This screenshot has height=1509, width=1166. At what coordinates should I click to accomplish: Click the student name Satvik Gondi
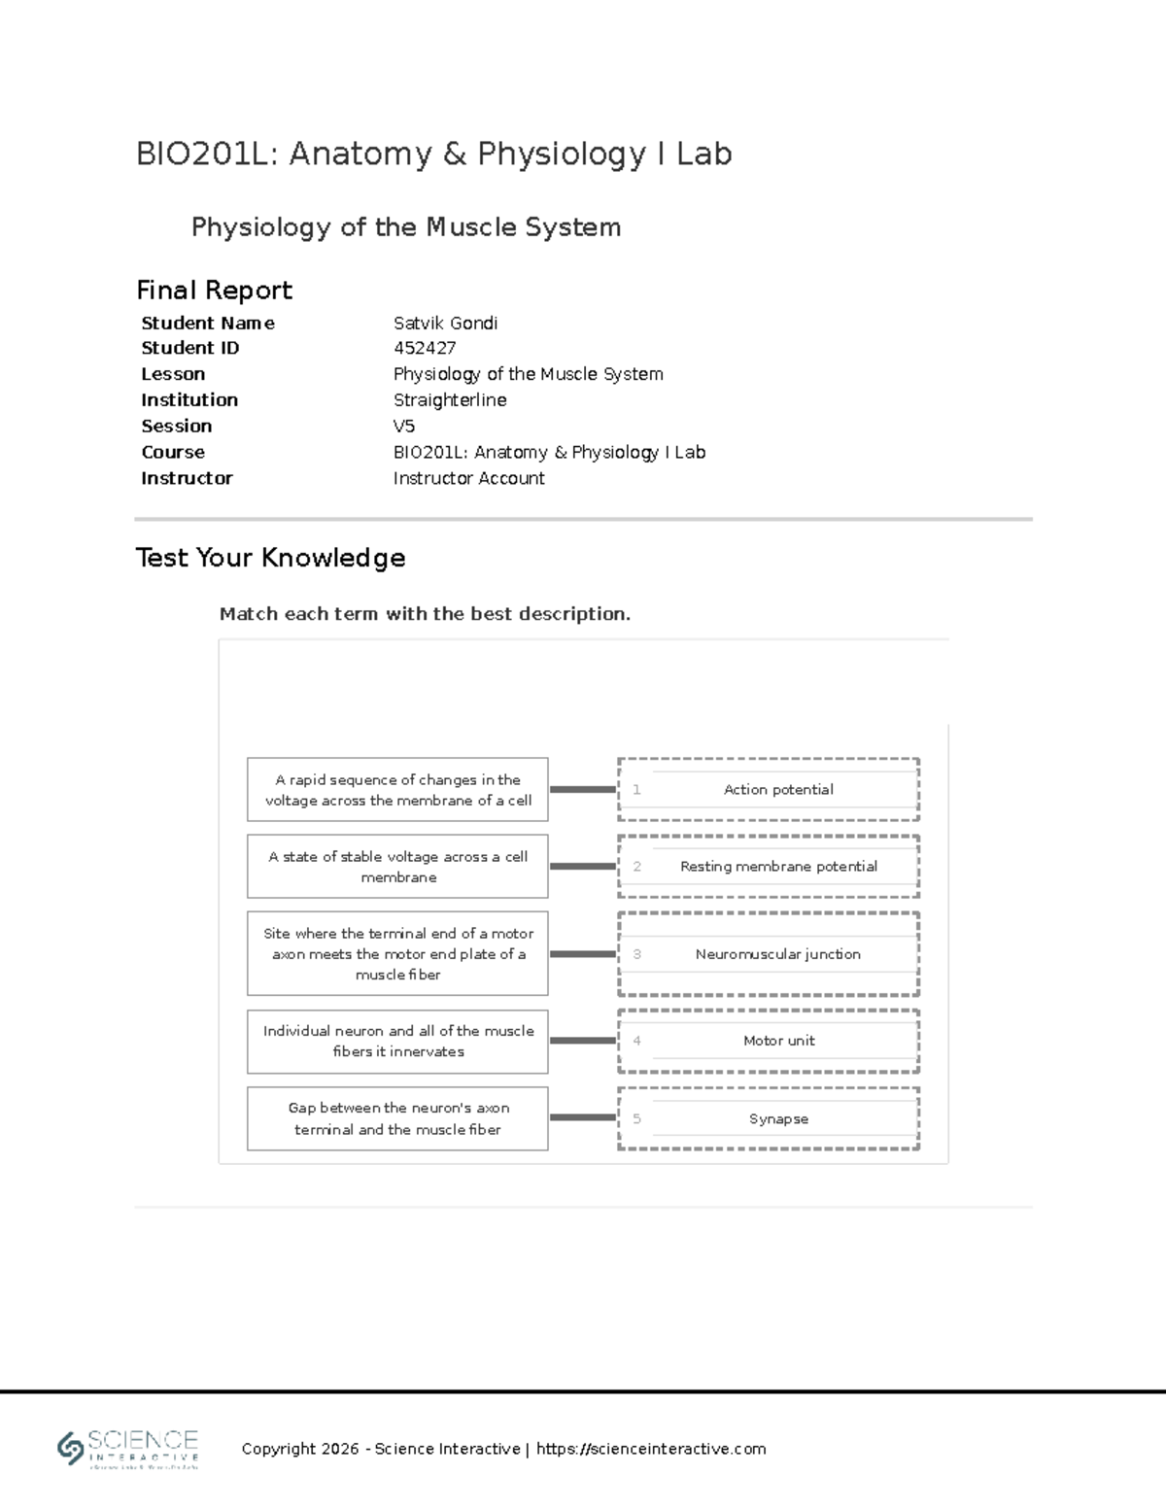coord(445,323)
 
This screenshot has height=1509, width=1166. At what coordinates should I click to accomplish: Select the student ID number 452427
coord(425,348)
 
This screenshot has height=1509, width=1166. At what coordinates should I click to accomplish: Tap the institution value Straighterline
coord(450,399)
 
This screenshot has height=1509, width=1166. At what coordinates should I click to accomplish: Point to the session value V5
coord(403,426)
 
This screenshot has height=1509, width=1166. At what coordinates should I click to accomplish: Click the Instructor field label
coord(187,478)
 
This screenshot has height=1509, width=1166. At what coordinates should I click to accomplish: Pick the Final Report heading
coord(214,290)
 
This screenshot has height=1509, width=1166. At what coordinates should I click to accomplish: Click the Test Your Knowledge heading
coord(270,558)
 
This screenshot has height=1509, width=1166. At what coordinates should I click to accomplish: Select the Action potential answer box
coord(778,789)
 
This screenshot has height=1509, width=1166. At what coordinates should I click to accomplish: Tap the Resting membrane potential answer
coord(778,866)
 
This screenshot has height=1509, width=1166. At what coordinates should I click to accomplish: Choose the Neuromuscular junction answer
coord(778,954)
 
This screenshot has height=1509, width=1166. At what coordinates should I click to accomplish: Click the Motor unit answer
coord(778,1040)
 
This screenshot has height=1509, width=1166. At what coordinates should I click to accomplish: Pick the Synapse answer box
coord(778,1118)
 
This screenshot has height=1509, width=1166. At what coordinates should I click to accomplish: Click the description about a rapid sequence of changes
coord(397,790)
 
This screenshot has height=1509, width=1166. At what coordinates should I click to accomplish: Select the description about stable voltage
coord(397,867)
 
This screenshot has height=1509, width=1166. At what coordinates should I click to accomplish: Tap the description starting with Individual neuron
coord(397,1041)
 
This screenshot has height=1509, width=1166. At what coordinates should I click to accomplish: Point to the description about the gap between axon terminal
coord(397,1118)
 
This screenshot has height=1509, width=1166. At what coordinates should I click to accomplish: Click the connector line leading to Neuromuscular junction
coord(583,954)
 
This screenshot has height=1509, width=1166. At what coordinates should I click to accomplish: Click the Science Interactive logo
coord(128,1449)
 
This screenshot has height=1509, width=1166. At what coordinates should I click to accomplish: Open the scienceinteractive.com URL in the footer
coord(651,1449)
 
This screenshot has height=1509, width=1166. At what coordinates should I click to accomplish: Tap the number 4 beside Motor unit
coord(636,1040)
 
